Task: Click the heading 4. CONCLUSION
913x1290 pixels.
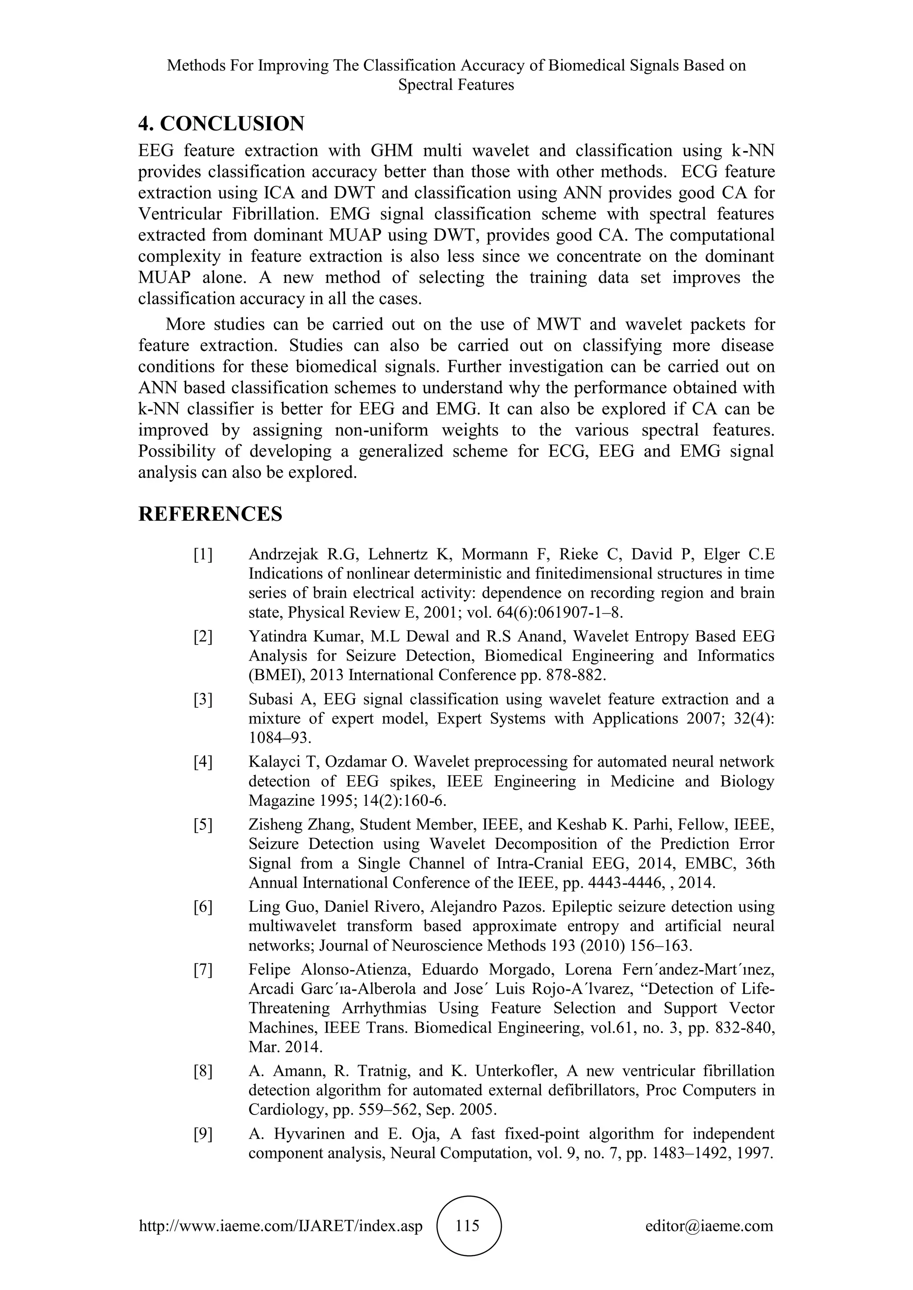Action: (x=221, y=123)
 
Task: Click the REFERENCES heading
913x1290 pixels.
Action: (x=210, y=514)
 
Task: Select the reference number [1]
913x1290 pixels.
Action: (x=203, y=555)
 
